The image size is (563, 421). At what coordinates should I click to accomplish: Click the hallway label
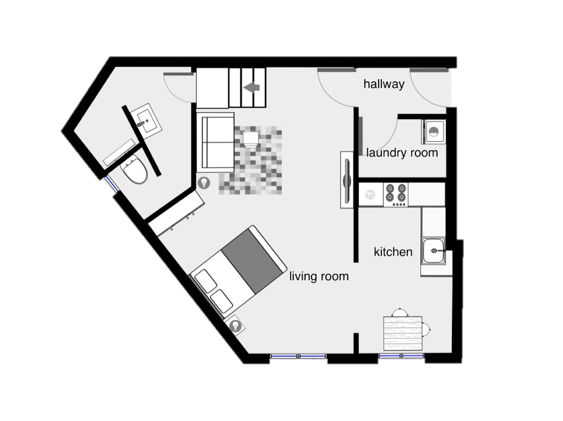384,84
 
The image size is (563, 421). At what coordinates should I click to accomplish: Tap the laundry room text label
402,153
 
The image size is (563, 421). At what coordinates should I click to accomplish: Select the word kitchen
393,252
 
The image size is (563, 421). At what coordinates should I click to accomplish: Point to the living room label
319,276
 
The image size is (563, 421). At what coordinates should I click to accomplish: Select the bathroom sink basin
146,120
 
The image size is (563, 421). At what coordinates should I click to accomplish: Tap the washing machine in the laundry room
433,132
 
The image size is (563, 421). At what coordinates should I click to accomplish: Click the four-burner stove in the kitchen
396,194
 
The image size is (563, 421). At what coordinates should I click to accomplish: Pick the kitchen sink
433,250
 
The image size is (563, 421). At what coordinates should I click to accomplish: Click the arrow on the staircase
251,87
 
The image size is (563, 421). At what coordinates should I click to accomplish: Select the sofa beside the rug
216,142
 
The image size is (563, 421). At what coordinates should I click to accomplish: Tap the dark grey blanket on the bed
252,261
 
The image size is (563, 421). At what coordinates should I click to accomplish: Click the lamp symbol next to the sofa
204,182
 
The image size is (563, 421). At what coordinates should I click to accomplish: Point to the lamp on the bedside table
235,326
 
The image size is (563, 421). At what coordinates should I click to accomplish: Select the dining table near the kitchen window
403,333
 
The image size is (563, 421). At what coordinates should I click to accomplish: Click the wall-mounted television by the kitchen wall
347,179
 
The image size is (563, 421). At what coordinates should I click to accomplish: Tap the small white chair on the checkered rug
251,139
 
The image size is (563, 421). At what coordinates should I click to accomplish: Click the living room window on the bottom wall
298,356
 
